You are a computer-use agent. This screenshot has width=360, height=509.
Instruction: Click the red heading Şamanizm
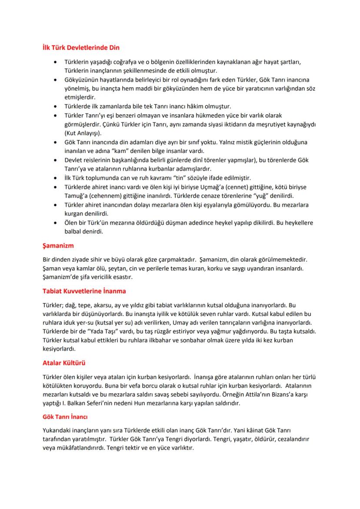click(x=58, y=246)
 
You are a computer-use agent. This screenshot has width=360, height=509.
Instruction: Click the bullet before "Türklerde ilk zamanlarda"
click(x=54, y=106)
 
